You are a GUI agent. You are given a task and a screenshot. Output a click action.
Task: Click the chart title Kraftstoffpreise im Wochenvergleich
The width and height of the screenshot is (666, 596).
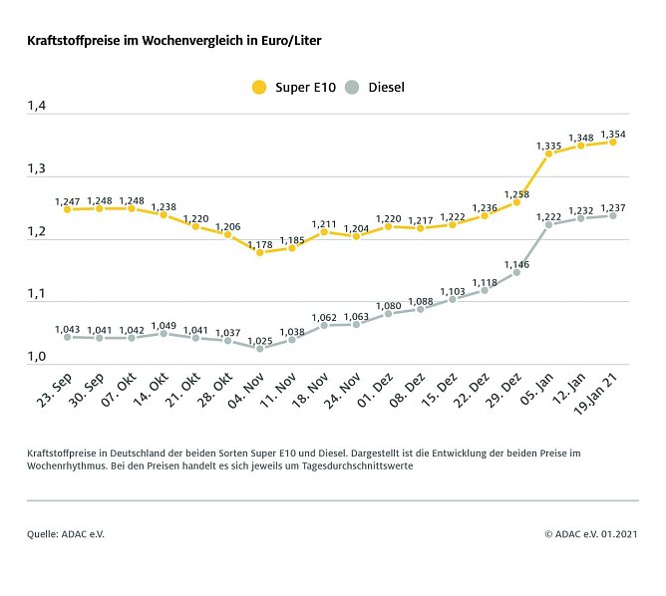pos(173,43)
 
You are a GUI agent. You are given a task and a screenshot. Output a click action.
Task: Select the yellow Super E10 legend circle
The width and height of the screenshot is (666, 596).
pos(259,87)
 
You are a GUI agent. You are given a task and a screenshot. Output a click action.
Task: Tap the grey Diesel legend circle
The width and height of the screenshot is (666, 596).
pos(351,87)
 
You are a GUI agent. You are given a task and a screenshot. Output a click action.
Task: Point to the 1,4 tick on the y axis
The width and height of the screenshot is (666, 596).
pos(37,106)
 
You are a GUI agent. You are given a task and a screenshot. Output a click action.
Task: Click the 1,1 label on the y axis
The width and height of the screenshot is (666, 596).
pos(37,293)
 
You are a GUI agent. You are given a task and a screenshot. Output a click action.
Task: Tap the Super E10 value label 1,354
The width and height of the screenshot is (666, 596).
pos(613,134)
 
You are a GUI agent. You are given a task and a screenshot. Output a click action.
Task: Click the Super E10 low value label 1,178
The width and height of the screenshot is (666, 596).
pos(259,243)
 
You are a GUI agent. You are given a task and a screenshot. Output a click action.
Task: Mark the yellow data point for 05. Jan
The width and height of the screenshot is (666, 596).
pos(548,154)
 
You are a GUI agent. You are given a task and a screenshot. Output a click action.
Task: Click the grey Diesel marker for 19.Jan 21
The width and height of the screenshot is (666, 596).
pos(613,215)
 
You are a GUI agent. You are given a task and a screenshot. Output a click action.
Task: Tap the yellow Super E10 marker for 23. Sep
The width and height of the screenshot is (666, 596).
pos(67,209)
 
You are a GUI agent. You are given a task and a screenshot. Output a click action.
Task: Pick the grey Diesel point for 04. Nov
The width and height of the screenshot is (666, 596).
pos(259,349)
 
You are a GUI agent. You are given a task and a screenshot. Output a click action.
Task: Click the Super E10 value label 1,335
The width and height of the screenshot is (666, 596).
pos(548,146)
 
